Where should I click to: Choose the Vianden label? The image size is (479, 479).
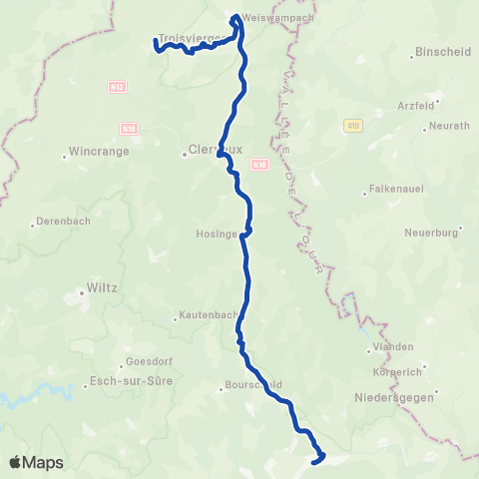[x=393, y=346]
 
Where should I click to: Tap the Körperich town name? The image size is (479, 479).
[x=396, y=371]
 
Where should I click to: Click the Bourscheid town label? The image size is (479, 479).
[x=254, y=384]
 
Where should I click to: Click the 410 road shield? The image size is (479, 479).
[x=353, y=125]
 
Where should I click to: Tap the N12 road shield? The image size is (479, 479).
[x=117, y=87]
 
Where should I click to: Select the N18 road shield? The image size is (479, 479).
[x=129, y=129]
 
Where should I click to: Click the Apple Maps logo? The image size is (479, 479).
[x=36, y=462]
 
